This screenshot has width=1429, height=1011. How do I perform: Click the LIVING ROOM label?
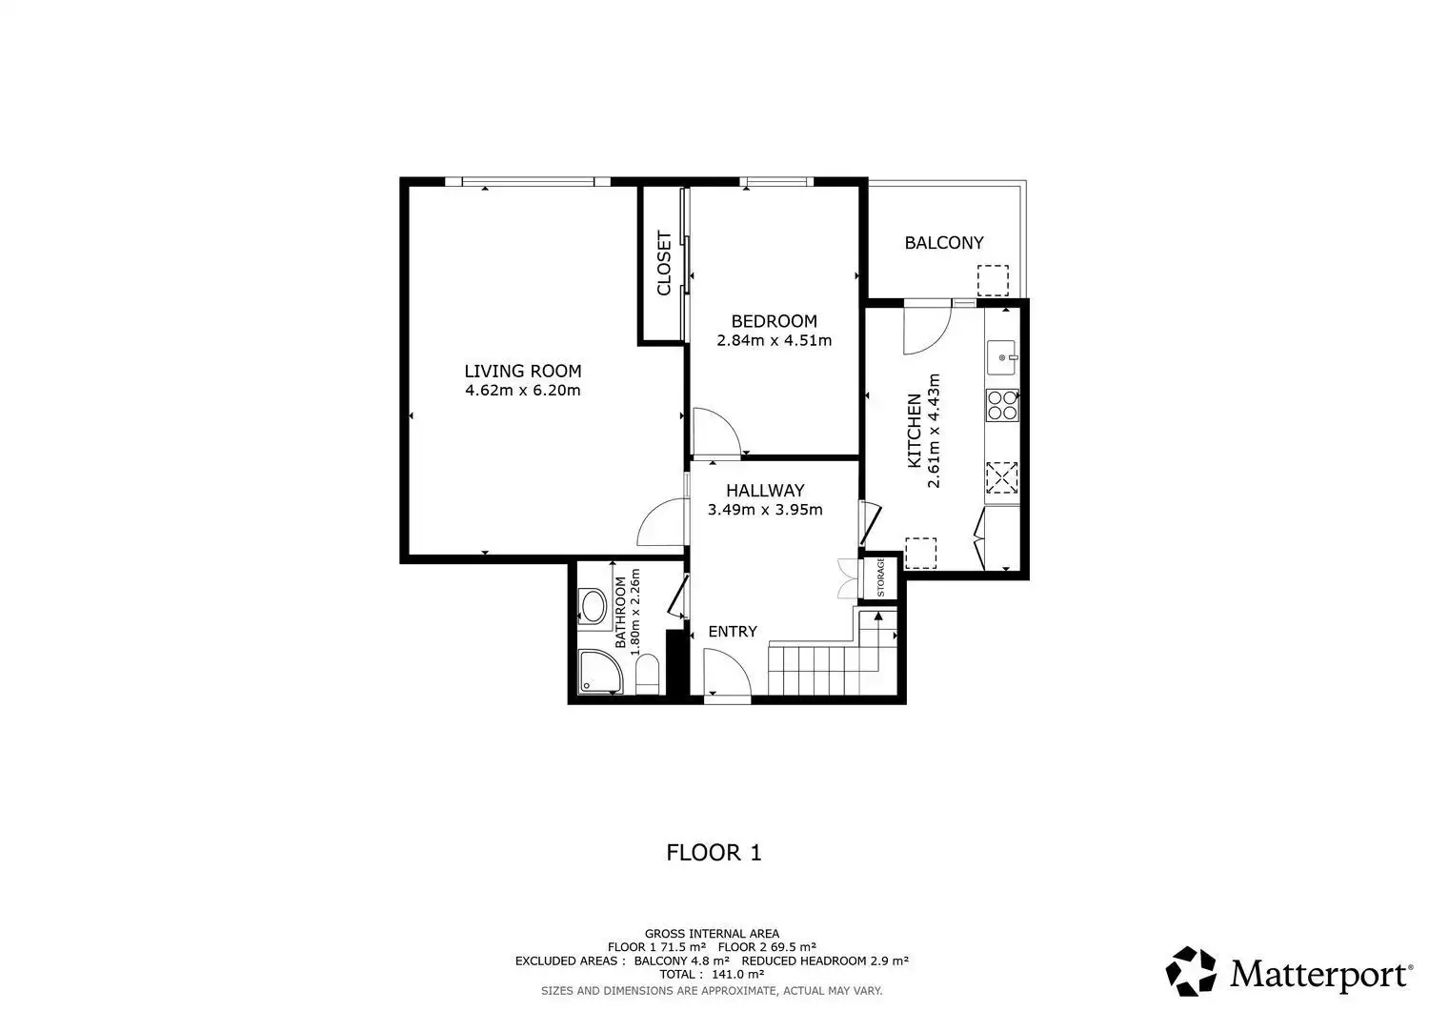tap(522, 371)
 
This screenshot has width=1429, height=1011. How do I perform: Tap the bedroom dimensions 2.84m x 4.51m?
tap(774, 340)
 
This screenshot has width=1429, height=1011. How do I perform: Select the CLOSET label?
tap(664, 263)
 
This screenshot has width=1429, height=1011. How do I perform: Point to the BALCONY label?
tap(943, 243)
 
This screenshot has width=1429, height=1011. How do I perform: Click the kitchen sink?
tap(1001, 357)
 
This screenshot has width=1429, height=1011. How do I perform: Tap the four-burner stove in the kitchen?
tap(1001, 405)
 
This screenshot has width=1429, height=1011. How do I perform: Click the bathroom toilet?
tap(648, 674)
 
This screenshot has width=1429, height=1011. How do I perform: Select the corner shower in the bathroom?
tap(598, 672)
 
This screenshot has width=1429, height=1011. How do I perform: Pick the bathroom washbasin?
tap(594, 606)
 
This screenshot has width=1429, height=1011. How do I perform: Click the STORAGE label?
tap(880, 577)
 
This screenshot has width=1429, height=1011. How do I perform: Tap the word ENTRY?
tap(733, 631)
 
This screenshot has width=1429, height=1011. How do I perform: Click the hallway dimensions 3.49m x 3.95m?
tap(765, 510)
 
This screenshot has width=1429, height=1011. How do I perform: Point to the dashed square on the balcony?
tap(994, 280)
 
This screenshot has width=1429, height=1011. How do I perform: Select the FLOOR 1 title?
tap(714, 853)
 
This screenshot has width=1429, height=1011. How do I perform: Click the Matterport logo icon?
tap(1191, 971)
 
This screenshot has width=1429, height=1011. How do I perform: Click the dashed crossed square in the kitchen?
tap(1001, 477)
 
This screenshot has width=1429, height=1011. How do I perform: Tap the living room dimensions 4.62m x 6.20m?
tap(522, 390)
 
